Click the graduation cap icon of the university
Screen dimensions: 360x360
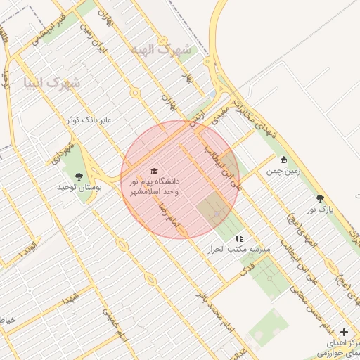click(x=155, y=172)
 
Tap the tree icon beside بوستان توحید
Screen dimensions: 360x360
click(x=78, y=176)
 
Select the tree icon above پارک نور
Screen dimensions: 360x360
click(x=321, y=198)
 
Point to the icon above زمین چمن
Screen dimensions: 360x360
click(x=283, y=160)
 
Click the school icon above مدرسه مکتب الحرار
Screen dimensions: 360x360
click(x=239, y=238)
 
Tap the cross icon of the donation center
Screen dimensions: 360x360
click(x=344, y=332)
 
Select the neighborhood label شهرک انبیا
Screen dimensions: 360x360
click(x=52, y=83)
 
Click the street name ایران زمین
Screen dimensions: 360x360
click(x=89, y=39)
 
